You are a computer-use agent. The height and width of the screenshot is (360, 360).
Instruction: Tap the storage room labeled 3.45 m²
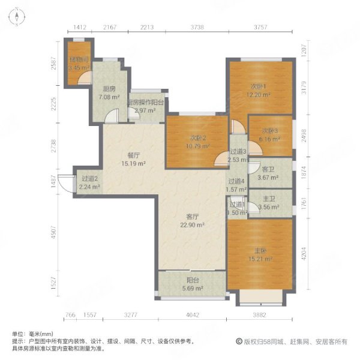coord(78,64)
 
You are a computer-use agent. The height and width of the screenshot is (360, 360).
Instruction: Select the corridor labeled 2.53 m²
coord(238,155)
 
